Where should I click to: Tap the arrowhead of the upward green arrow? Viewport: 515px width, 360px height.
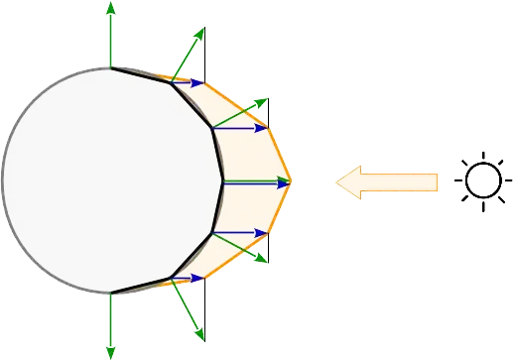110,8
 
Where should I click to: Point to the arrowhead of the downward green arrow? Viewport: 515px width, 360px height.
110,351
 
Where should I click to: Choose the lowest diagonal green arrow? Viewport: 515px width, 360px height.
189,308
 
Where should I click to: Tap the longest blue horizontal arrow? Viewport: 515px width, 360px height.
253,182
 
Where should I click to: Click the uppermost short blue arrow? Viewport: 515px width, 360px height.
187,82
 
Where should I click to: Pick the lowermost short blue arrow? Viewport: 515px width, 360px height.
187,279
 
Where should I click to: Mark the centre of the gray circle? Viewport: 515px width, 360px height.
111,180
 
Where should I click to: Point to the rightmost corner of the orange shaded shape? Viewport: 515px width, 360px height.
293,181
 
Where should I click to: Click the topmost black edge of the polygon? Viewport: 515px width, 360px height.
140,73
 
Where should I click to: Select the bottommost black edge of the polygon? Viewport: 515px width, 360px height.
140,286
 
